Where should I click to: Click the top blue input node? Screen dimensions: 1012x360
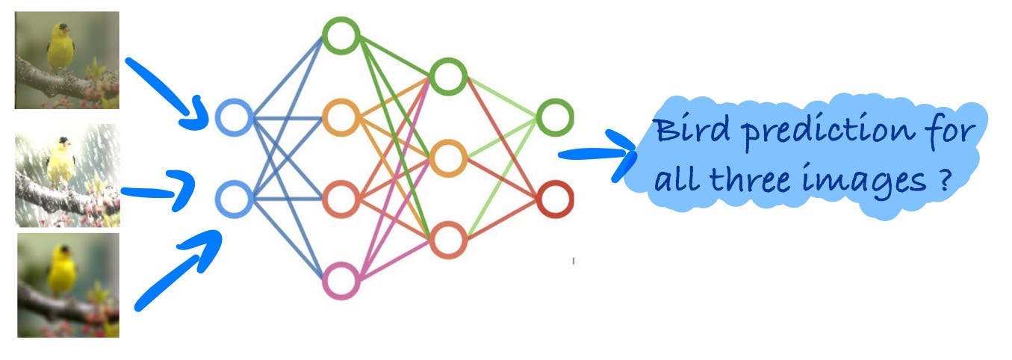tap(233, 118)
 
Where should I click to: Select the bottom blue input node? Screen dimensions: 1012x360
tap(233, 198)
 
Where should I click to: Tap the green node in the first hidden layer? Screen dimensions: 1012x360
tap(341, 34)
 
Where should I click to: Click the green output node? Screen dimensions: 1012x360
tap(554, 117)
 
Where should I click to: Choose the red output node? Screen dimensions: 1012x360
tap(554, 199)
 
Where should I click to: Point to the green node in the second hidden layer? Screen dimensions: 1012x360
tap(447, 76)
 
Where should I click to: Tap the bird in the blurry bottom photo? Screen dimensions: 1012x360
tap(61, 269)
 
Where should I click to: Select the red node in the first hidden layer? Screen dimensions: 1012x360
tap(341, 199)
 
